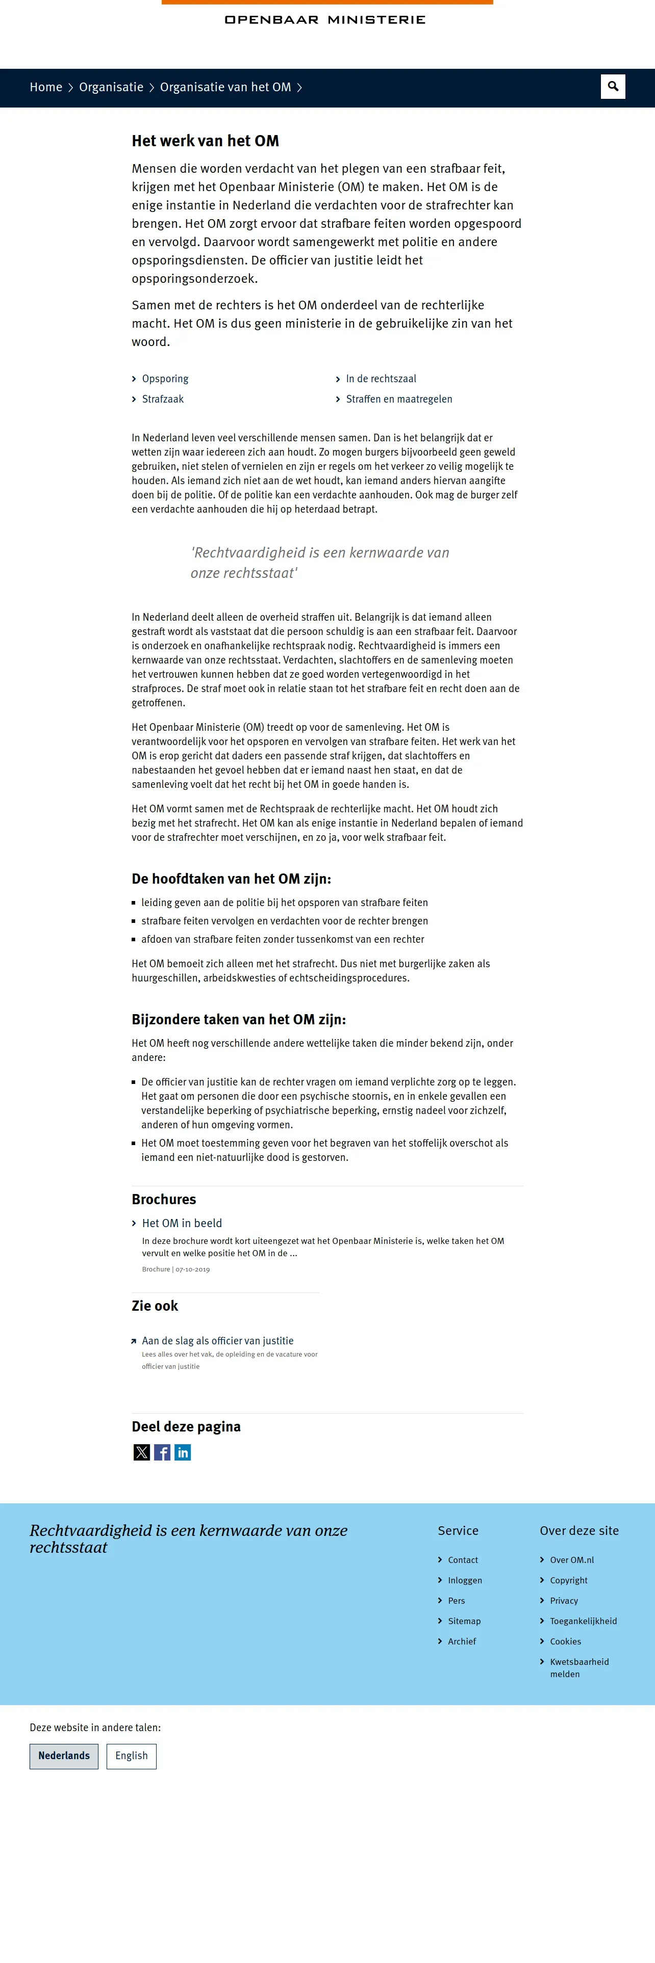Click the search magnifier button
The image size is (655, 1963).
coord(612,87)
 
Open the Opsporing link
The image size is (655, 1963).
coord(165,379)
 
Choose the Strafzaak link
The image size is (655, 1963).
coord(162,400)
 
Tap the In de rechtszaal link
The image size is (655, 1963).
coord(381,379)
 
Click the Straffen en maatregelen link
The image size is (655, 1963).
coord(399,400)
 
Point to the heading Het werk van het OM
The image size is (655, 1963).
coord(205,141)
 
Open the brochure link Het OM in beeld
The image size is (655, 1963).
coord(182,1223)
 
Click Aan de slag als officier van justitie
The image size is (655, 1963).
coord(217,1340)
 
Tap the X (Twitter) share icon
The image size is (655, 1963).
coord(142,1452)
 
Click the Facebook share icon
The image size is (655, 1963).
coord(162,1452)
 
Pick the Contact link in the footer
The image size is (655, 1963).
coord(463,1560)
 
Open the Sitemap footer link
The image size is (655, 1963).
coord(464,1621)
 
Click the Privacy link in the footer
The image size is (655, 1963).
coord(564,1600)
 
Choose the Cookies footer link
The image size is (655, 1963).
coord(565,1641)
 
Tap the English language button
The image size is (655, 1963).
coord(131,1756)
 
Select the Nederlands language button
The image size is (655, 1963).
coord(64,1756)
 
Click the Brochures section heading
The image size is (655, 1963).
coord(164,1200)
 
